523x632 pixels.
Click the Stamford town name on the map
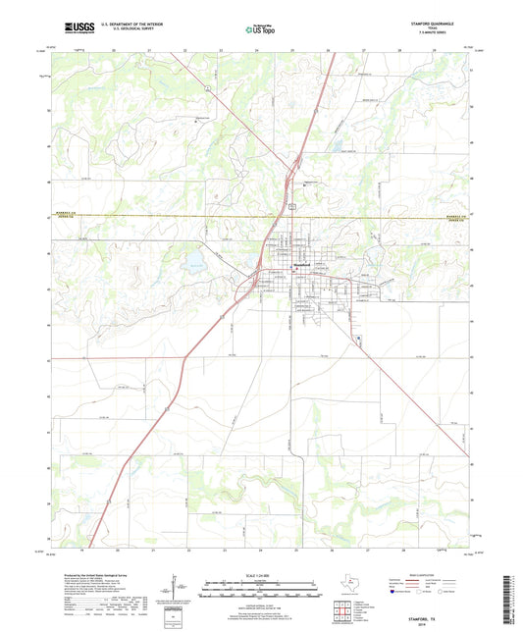point(302,265)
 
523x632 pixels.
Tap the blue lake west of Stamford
point(194,262)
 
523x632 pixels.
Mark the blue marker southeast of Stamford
point(358,341)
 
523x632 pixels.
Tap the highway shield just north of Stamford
point(291,205)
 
